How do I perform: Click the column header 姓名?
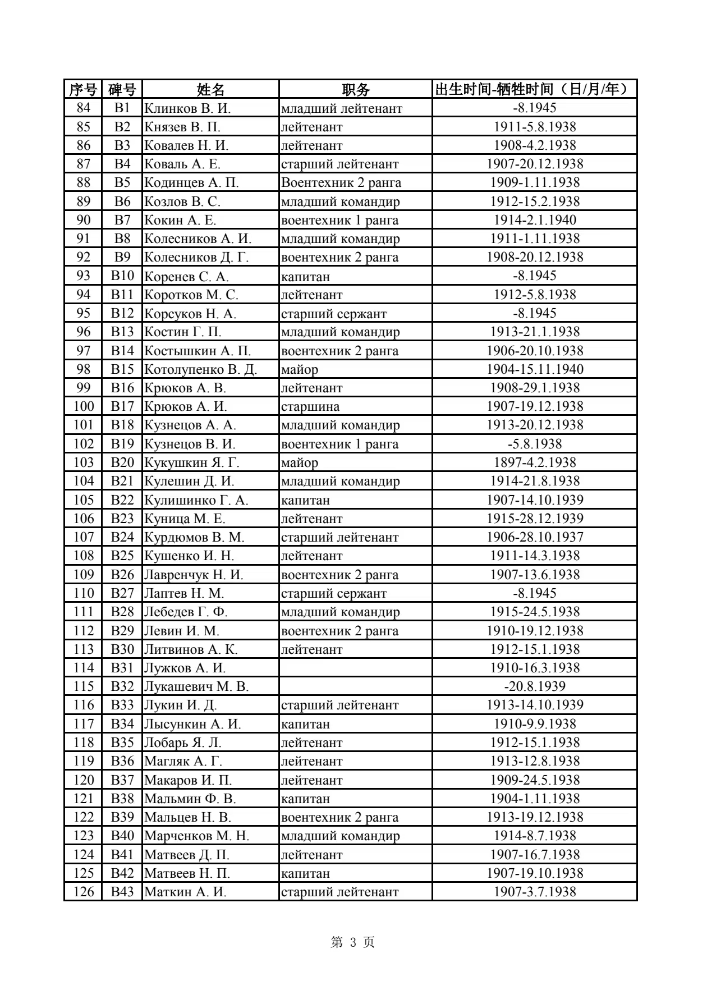[210, 89]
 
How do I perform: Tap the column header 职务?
[355, 89]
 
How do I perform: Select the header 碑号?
[122, 89]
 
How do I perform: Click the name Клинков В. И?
[187, 108]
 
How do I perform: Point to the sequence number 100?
[83, 406]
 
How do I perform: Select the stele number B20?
[122, 462]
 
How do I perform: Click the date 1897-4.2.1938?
[534, 462]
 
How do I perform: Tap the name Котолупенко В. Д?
[200, 369]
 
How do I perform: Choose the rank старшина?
[310, 406]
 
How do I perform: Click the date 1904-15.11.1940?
[534, 369]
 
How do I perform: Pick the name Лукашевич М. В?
[196, 686]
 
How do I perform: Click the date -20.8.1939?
[534, 686]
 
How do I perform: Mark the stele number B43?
[122, 892]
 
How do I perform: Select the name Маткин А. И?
[185, 892]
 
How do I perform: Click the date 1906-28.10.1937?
[534, 537]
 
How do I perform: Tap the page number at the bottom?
[353, 942]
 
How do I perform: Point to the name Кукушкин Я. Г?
[191, 462]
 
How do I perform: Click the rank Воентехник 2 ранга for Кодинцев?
[341, 182]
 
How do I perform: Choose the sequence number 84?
[83, 108]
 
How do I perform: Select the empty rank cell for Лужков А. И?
[355, 668]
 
